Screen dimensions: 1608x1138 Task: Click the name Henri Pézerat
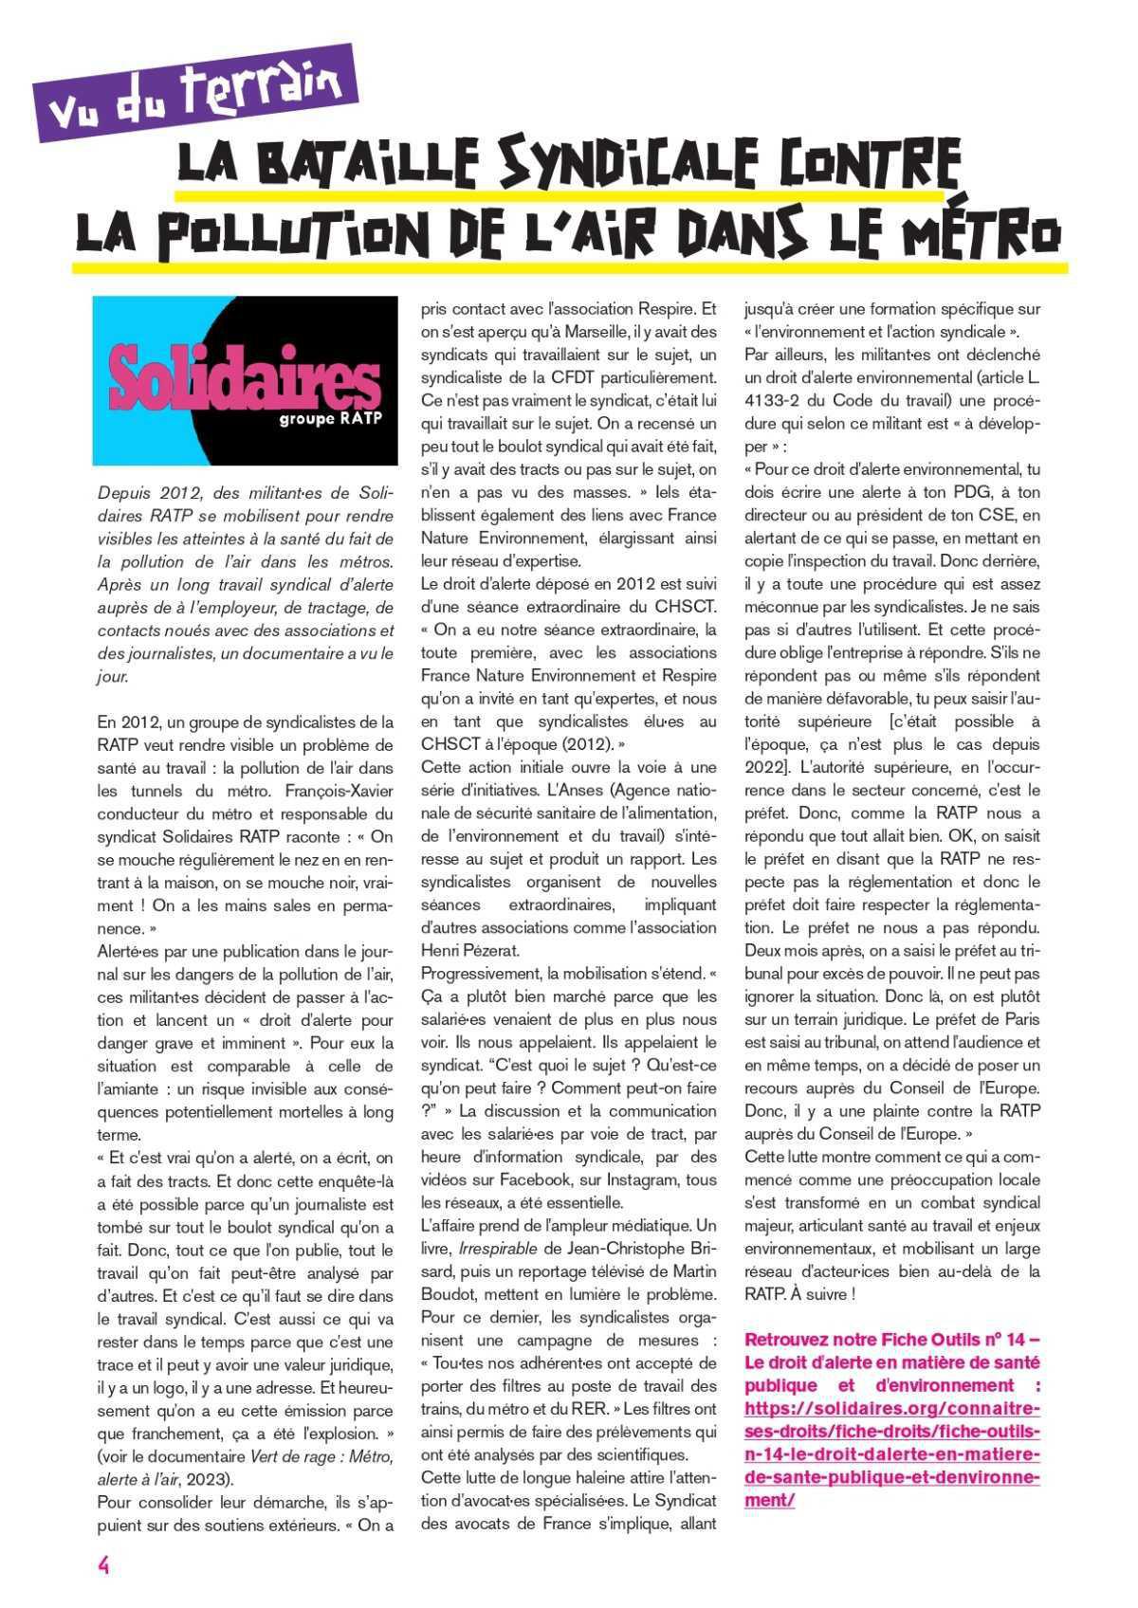(x=468, y=950)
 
